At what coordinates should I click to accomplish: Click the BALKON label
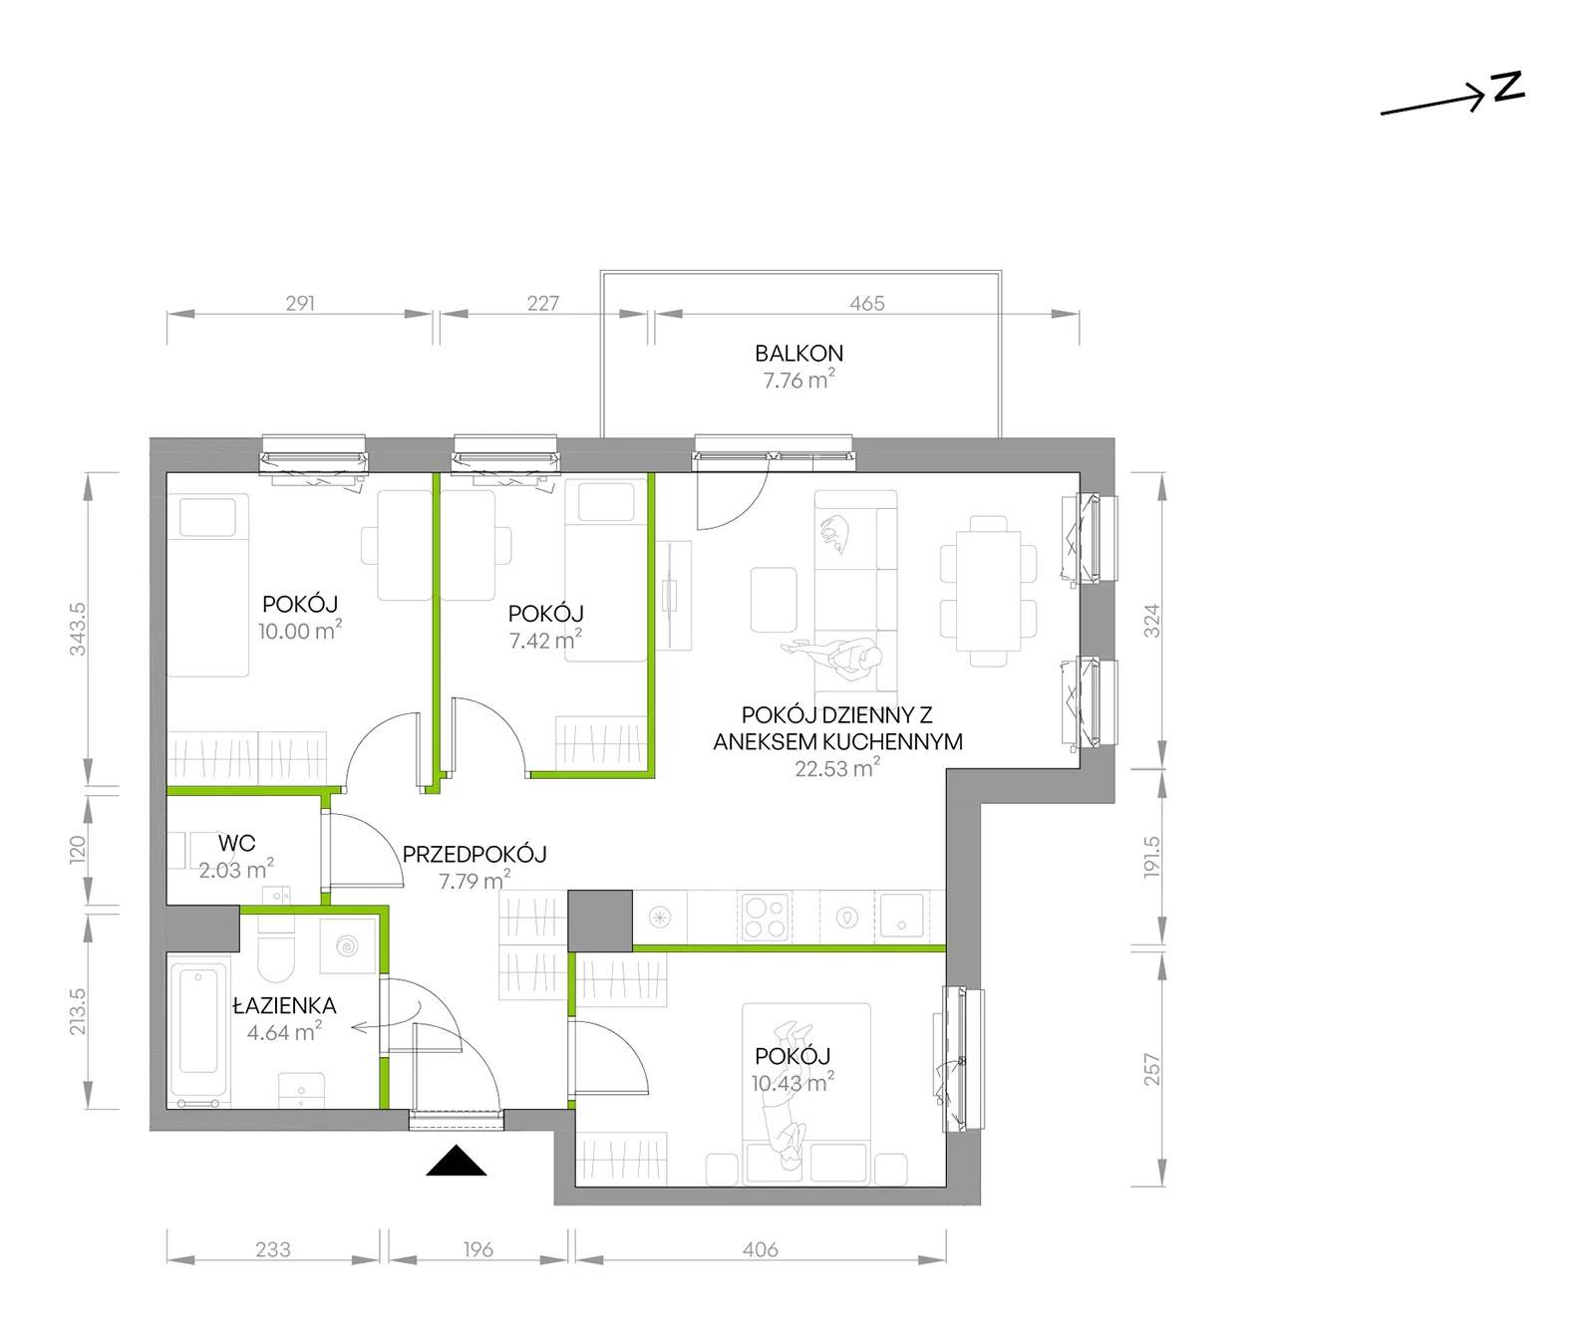(798, 353)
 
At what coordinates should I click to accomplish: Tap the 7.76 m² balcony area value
(798, 379)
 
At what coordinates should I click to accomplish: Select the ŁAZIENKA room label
(284, 1006)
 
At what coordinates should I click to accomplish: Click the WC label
(236, 844)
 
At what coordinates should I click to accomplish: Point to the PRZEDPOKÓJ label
(475, 854)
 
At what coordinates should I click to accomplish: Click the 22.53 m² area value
(837, 767)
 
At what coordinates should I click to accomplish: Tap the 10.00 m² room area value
(300, 630)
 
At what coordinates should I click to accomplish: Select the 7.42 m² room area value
(545, 640)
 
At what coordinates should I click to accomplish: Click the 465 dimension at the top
(867, 303)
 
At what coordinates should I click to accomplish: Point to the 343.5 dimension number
(79, 629)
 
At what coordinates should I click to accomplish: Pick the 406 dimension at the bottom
(760, 1249)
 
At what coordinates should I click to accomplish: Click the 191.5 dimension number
(1151, 856)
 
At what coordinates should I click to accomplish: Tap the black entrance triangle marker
(456, 1162)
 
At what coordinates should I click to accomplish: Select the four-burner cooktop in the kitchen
(764, 916)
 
